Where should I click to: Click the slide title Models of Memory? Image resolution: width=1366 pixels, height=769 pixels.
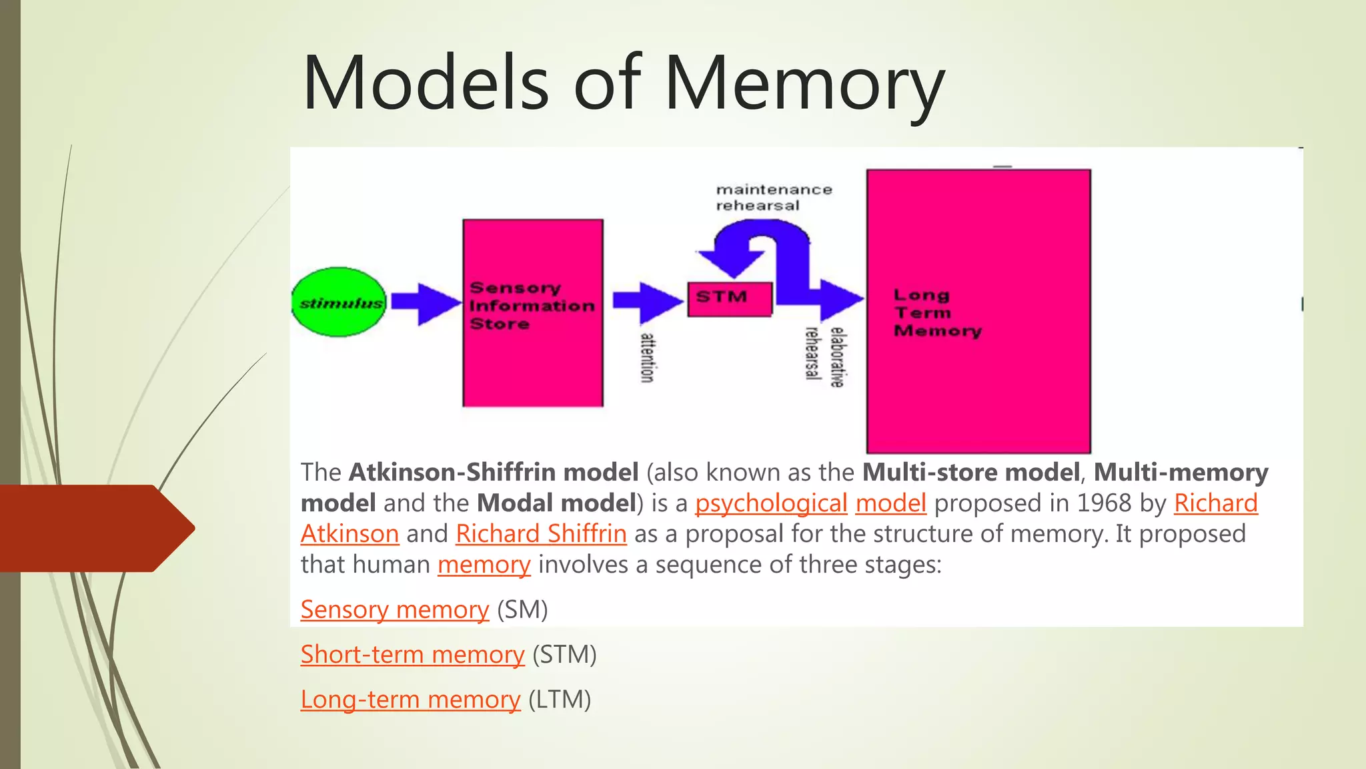623,83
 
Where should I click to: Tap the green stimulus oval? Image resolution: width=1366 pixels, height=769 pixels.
339,302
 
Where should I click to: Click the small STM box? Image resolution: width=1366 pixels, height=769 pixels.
730,298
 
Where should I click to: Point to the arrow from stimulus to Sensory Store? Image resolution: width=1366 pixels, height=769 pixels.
426,302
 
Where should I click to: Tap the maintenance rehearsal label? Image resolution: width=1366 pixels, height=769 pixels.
774,198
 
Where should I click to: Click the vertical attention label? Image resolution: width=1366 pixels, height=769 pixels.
646,358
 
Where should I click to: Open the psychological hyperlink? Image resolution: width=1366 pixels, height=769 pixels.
771,503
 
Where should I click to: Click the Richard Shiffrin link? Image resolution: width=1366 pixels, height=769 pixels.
541,534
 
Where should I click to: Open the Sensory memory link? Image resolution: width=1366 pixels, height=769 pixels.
394,610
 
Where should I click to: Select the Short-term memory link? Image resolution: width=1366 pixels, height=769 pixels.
412,655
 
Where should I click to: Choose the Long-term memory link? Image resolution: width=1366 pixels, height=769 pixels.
410,700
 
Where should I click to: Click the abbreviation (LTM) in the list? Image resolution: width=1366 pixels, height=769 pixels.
560,700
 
